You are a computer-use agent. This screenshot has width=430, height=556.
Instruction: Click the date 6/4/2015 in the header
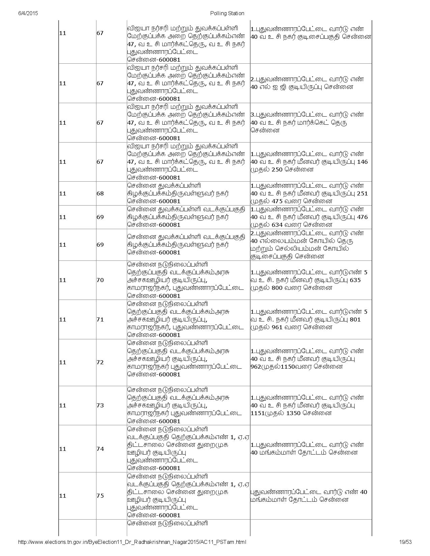click(28, 13)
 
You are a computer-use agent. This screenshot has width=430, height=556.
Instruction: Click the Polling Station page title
click(227, 13)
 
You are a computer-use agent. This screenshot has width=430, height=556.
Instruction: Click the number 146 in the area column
click(362, 162)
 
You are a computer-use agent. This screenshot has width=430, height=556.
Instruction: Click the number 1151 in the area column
click(258, 413)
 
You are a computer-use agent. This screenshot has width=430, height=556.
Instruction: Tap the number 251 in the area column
click(362, 193)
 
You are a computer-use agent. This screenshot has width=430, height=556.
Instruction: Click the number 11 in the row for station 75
click(63, 496)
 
